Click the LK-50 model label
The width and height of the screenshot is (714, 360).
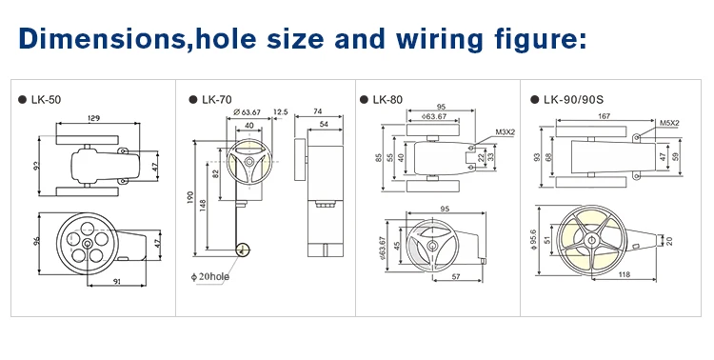click(46, 100)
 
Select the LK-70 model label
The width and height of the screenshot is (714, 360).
click(217, 100)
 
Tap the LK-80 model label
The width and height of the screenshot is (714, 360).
click(387, 100)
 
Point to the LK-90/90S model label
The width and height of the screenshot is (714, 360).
click(573, 100)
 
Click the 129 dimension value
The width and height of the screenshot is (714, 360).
click(93, 118)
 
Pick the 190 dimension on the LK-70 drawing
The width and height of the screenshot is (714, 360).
click(190, 197)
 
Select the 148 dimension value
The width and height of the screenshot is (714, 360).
click(203, 206)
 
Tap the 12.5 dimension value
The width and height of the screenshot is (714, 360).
click(281, 112)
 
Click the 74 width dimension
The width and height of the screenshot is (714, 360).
click(318, 111)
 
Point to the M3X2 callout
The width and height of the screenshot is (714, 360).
click(505, 132)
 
